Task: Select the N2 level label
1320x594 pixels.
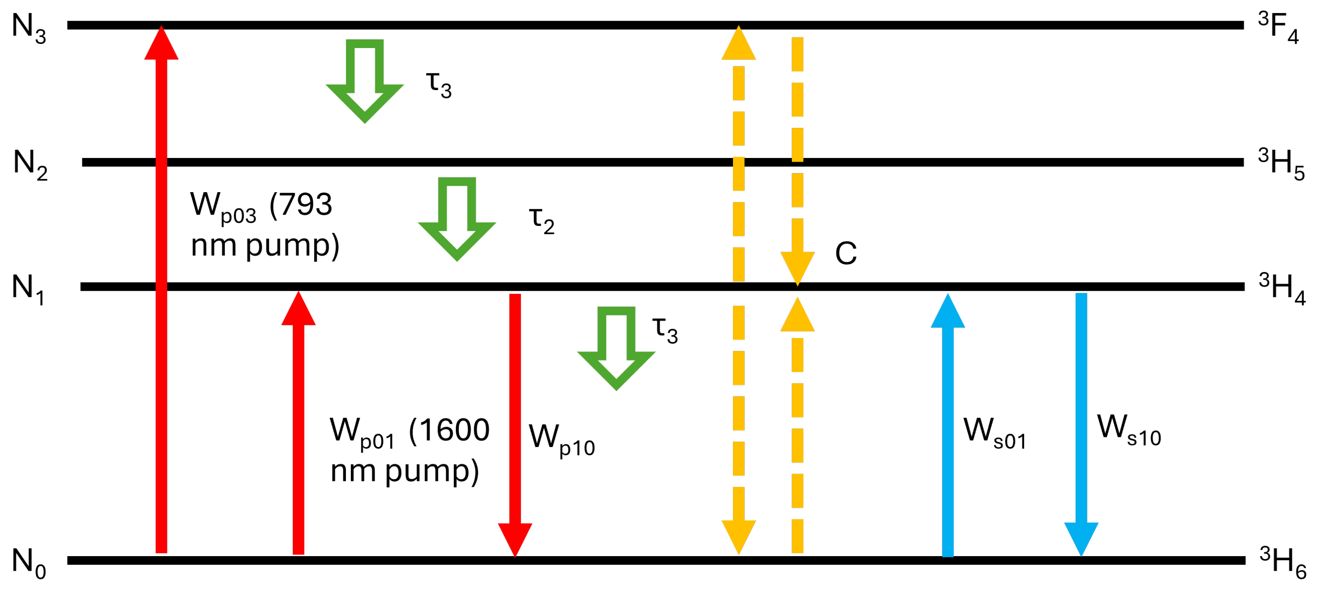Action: point(30,164)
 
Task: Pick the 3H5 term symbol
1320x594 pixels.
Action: point(1280,164)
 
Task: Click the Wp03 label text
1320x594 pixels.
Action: point(223,207)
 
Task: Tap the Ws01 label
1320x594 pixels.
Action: point(994,433)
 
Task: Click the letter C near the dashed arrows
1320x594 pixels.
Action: point(845,254)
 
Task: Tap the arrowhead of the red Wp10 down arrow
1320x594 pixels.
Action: point(515,538)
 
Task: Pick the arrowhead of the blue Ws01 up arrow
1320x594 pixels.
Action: point(948,312)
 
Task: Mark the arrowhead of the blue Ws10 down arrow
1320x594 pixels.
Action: point(1081,538)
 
